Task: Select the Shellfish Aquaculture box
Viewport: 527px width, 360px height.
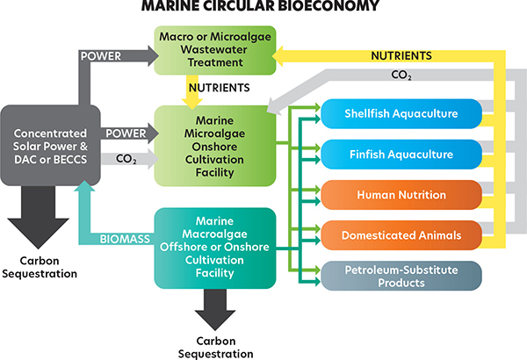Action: [x=401, y=114]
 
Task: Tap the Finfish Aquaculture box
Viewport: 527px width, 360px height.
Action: [x=401, y=155]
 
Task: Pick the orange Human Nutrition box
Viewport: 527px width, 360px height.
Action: [x=401, y=195]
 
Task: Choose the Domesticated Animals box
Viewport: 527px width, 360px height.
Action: [x=401, y=234]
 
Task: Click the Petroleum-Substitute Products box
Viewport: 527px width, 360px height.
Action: [x=401, y=276]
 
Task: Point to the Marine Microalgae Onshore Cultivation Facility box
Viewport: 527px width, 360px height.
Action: [x=213, y=144]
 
